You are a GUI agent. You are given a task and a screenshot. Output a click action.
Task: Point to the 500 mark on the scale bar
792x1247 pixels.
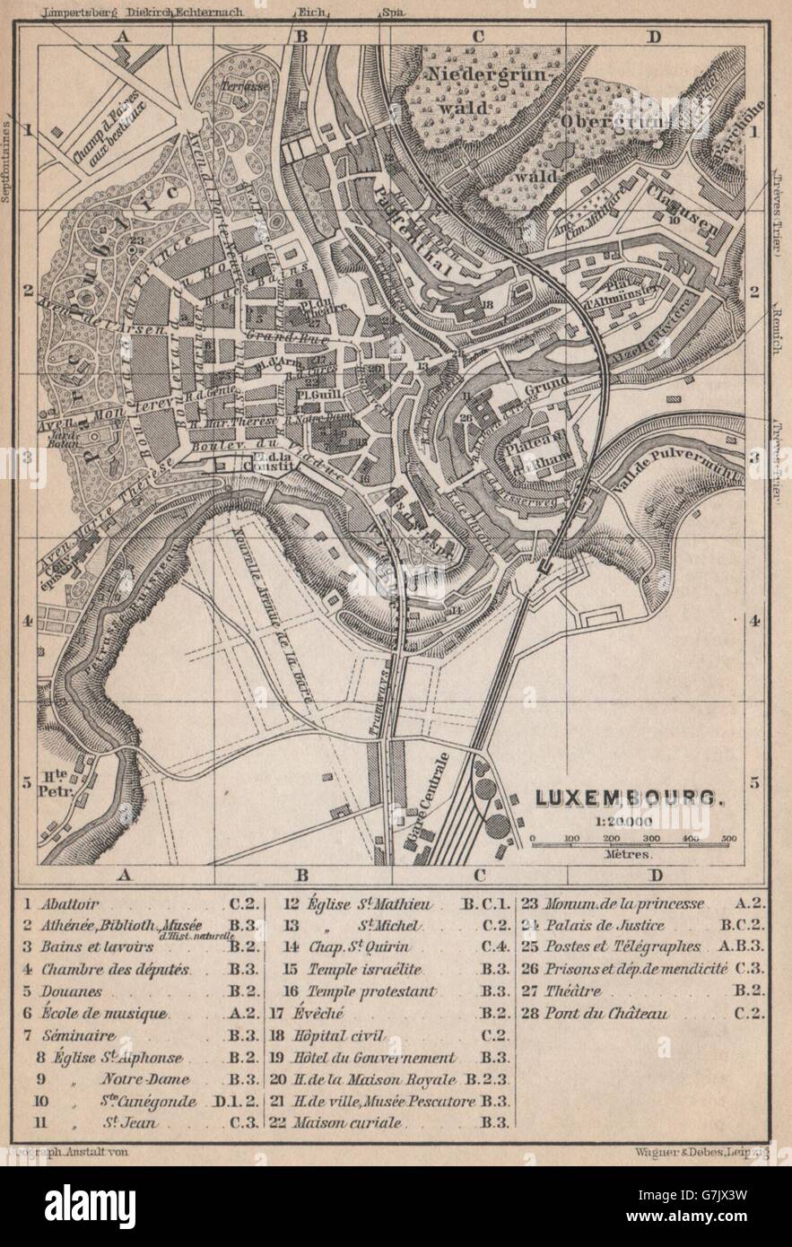click(x=727, y=838)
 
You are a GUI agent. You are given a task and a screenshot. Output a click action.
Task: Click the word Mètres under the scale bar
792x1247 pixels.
click(x=629, y=854)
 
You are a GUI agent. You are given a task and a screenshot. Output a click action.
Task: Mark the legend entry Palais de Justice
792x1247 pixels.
click(x=605, y=927)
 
